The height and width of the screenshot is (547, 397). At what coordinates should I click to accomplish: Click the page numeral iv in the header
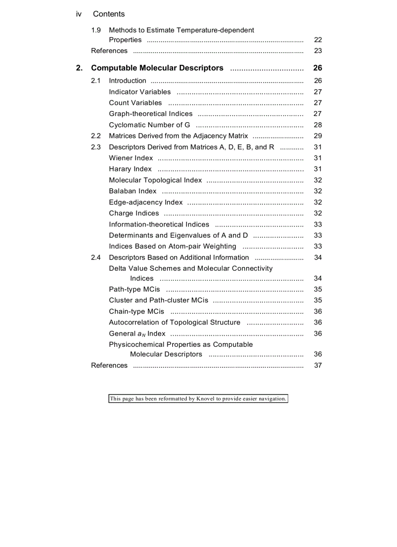tap(79, 14)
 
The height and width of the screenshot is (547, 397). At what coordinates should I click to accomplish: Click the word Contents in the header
tap(108, 14)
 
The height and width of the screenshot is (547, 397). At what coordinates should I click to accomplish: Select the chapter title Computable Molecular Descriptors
tap(157, 68)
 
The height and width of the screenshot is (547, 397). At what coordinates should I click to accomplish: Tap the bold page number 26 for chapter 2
tap(317, 68)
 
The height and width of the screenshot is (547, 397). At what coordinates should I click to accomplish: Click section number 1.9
tap(96, 30)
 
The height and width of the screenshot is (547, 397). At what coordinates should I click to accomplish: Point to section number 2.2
tap(96, 136)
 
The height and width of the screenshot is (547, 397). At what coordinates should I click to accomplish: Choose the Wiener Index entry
tap(131, 158)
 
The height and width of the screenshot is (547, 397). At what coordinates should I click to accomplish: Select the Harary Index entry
tap(130, 169)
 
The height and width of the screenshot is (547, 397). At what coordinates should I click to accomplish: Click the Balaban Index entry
tap(133, 191)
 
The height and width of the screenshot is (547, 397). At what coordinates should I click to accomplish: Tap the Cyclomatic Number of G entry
tap(149, 125)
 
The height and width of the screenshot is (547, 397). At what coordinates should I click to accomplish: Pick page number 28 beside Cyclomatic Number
tap(318, 125)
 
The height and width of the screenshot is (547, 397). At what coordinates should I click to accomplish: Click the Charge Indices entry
tap(134, 213)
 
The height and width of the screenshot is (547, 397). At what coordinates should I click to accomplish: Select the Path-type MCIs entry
tap(134, 289)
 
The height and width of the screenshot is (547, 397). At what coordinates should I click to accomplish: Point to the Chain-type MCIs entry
tap(137, 311)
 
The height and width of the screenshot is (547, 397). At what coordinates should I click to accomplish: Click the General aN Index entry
tap(137, 334)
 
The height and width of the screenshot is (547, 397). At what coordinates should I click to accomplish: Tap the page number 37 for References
tap(318, 365)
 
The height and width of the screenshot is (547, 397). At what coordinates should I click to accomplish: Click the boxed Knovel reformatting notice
tap(198, 399)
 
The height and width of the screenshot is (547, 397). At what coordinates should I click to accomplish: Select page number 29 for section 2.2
tap(318, 136)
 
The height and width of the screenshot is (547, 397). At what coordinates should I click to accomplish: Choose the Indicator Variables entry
tap(140, 92)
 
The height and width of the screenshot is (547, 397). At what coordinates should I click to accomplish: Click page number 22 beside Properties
tap(318, 40)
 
